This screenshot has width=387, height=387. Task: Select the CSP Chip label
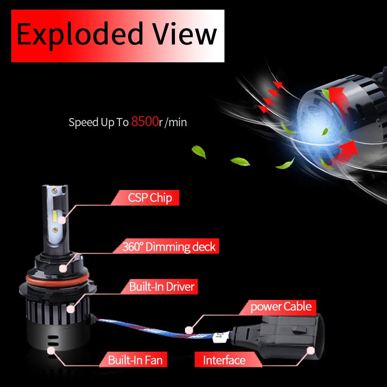click(150, 198)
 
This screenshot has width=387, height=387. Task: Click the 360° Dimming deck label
click(169, 247)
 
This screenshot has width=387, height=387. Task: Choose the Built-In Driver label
click(161, 287)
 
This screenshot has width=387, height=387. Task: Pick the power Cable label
click(281, 307)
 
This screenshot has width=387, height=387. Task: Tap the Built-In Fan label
click(135, 360)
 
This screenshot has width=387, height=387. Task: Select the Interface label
click(224, 360)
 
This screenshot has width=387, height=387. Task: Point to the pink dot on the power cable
click(188, 330)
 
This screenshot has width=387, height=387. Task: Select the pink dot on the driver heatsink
click(70, 308)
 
